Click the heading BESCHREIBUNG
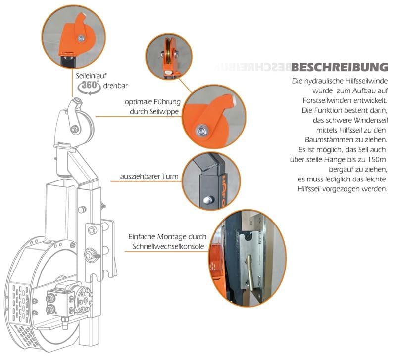[x=340, y=67]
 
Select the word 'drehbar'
[x=115, y=86]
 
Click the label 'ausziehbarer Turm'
[x=149, y=176]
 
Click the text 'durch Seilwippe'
[x=155, y=111]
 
